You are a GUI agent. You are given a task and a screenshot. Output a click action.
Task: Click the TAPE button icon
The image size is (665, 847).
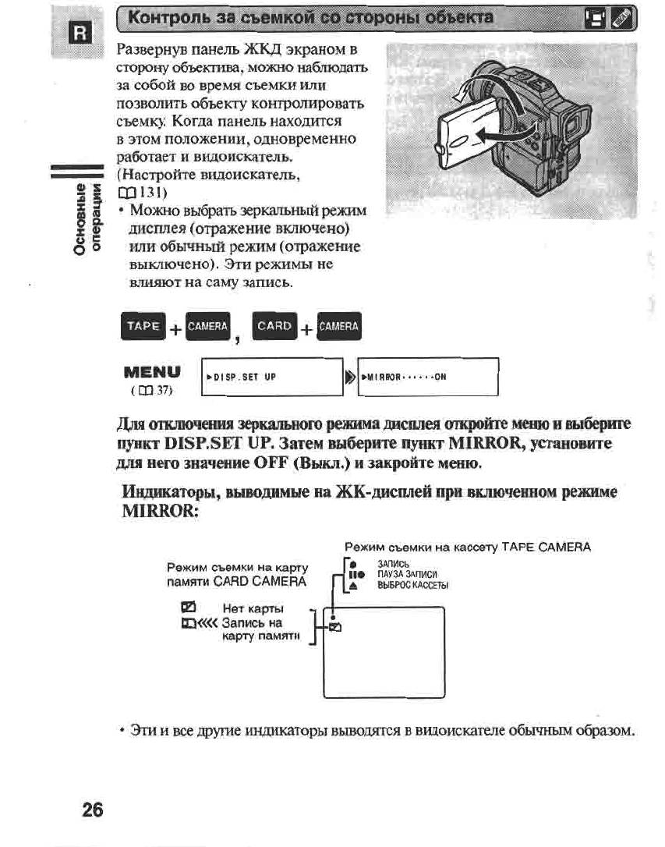click(x=142, y=327)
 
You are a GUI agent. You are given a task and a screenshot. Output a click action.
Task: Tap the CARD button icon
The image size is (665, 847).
click(x=273, y=327)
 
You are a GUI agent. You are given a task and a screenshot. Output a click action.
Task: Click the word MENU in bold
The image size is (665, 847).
click(x=153, y=371)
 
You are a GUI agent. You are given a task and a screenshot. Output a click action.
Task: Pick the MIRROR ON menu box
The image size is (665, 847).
click(x=426, y=377)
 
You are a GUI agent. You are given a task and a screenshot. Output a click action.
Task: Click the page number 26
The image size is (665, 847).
click(x=93, y=810)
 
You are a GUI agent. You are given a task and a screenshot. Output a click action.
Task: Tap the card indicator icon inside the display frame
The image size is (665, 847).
click(x=334, y=625)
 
